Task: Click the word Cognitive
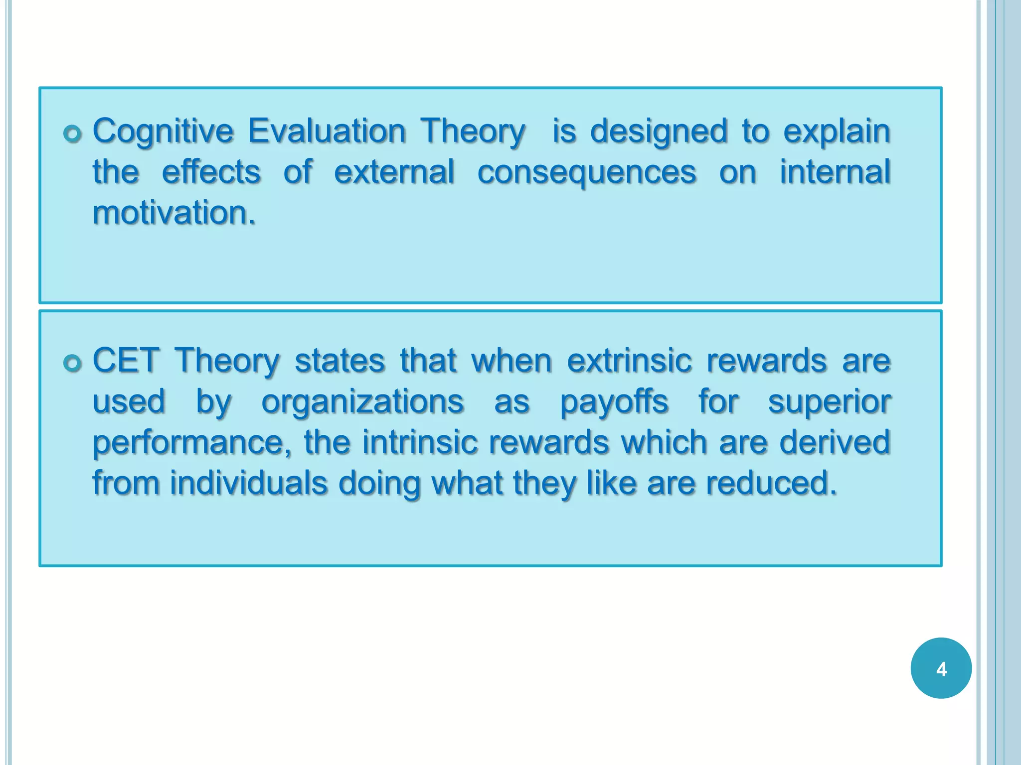point(163,132)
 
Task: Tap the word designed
point(659,132)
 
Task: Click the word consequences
point(587,173)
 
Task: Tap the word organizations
point(362,402)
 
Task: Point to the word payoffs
point(614,402)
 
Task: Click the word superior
point(829,402)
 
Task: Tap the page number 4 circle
point(941,668)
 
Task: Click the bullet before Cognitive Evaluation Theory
point(73,134)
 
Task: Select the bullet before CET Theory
point(73,363)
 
